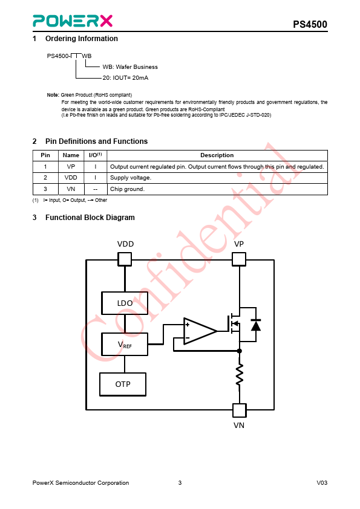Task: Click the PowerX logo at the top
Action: pos(73,21)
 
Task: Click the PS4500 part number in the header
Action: pos(310,24)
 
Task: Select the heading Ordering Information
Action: pos(82,39)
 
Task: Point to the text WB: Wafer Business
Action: pos(130,67)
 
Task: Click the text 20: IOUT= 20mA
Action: pos(125,78)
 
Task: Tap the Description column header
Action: pos(217,155)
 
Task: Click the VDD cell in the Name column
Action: pos(71,178)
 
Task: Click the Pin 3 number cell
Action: pos(45,189)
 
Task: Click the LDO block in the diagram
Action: pos(125,303)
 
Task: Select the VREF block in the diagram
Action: pos(125,344)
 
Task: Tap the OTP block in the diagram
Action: pos(123,384)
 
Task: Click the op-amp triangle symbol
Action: pos(200,331)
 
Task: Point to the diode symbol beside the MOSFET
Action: pos(256,325)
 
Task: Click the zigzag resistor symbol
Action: pos(240,375)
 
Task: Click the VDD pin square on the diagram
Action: pos(125,259)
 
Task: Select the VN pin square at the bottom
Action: pos(240,410)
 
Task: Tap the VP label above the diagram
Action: pos(239,244)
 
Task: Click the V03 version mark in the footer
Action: pos(322,483)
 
